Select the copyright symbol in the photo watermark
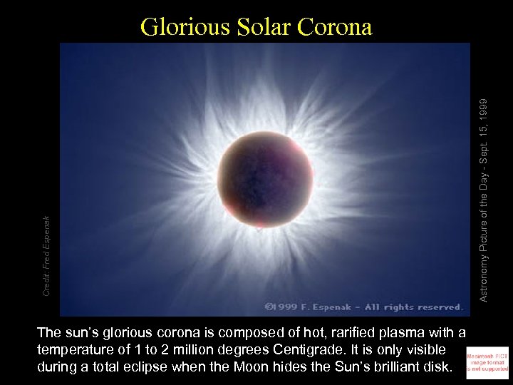pyautogui.click(x=270, y=307)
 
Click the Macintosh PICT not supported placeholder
pyautogui.click(x=487, y=361)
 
